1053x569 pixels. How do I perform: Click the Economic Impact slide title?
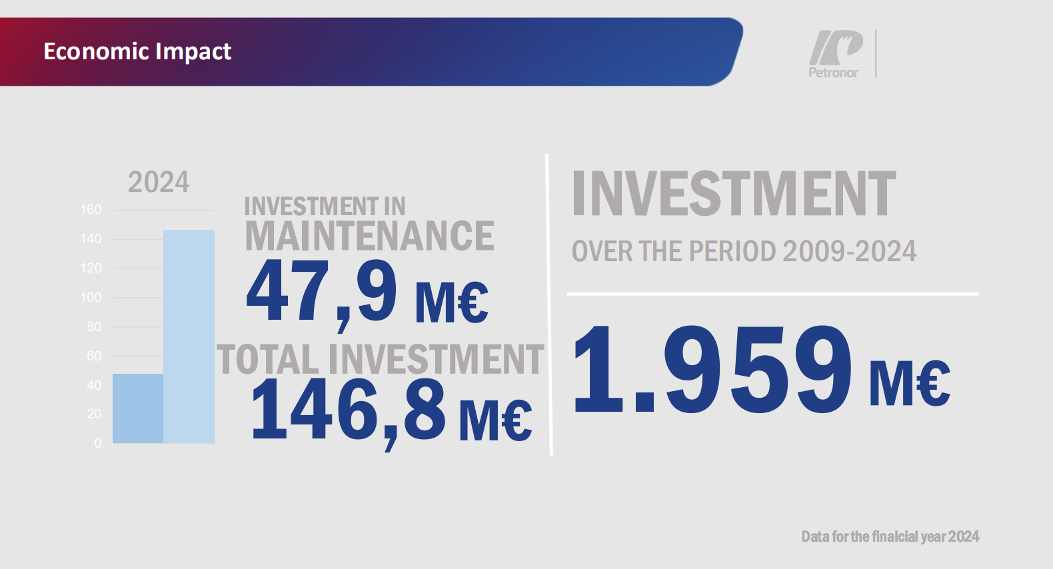tap(137, 52)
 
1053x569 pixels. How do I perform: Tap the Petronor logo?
tap(836, 53)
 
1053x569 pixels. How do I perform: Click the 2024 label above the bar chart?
tap(159, 183)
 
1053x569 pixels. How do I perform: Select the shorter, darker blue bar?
tap(138, 408)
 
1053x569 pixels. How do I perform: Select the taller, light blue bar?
tap(189, 336)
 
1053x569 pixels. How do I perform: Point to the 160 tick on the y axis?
tap(91, 210)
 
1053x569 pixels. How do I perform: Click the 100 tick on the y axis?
tap(91, 297)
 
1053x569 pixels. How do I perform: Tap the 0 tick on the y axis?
tap(98, 443)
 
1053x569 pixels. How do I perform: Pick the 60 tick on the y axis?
tap(94, 356)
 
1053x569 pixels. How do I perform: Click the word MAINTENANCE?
tap(369, 235)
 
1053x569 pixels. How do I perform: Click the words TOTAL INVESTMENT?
tap(381, 359)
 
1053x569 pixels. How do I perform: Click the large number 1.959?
tap(712, 368)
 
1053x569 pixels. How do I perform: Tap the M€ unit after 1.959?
tap(910, 383)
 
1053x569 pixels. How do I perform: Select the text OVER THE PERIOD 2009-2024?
tap(744, 251)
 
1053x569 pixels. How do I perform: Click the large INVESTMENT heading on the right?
tap(734, 193)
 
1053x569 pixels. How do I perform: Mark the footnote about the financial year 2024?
tap(890, 536)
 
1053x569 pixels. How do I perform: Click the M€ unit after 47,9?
tap(452, 303)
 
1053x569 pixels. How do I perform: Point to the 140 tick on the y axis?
tap(91, 239)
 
